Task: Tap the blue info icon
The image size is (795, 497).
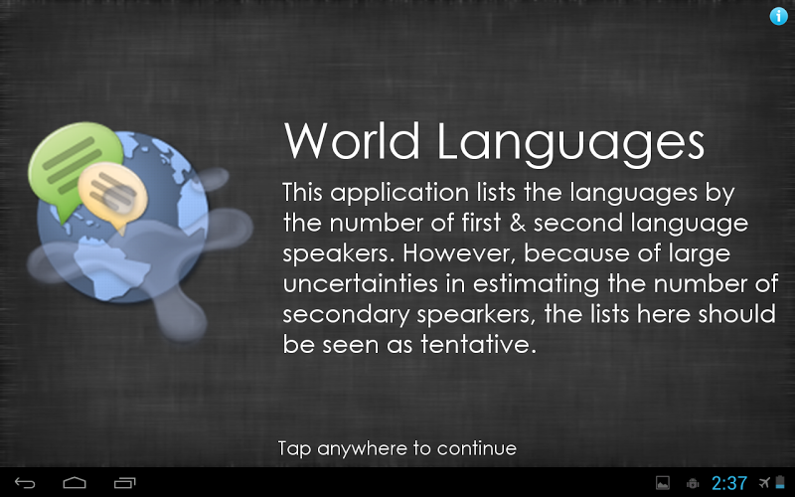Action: click(778, 16)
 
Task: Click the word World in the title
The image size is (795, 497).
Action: click(352, 141)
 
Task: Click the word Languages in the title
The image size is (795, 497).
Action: click(570, 144)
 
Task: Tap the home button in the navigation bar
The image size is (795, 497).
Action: click(75, 482)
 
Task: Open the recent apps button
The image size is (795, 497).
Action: click(125, 482)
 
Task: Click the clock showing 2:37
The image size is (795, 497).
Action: click(729, 483)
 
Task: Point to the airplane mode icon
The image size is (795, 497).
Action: click(764, 482)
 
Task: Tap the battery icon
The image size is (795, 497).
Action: click(780, 482)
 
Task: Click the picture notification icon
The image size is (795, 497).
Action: click(663, 483)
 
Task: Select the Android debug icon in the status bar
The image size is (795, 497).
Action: click(693, 483)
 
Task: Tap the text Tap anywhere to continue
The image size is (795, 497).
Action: click(397, 449)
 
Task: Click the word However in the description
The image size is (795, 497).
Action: click(459, 253)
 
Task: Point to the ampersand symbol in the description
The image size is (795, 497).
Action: click(517, 223)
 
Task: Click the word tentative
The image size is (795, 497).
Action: click(478, 345)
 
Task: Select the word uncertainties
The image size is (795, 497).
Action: click(360, 284)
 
